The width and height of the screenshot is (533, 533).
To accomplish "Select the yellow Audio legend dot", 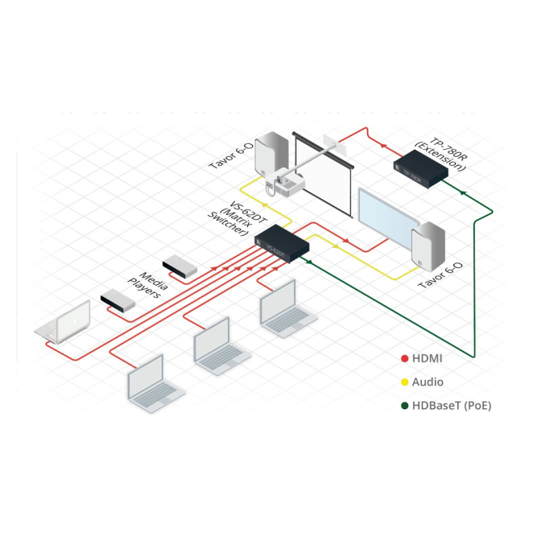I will tap(404, 382).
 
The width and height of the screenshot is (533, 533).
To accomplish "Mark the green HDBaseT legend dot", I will tap(404, 406).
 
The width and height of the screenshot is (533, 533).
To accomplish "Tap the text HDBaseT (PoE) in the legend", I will tap(451, 406).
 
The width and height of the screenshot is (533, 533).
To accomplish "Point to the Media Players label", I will tap(146, 283).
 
